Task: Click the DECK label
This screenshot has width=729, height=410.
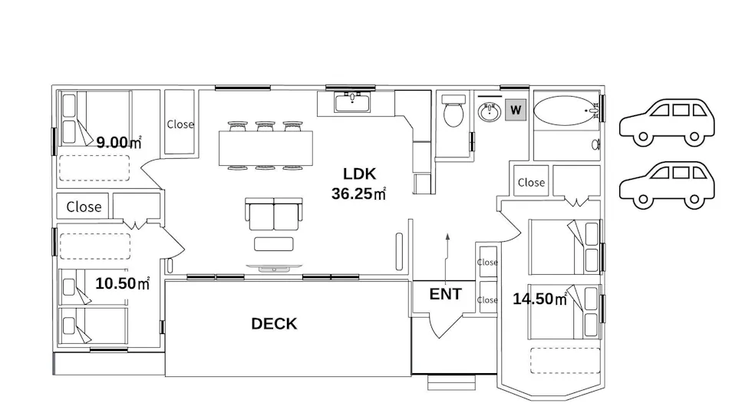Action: click(274, 324)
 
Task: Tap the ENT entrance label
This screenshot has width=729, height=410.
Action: click(445, 294)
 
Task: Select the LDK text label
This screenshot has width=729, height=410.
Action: click(359, 174)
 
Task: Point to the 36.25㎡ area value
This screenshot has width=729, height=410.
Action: click(358, 193)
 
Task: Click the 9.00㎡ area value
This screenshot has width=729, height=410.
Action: click(118, 142)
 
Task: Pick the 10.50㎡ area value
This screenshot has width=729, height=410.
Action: click(122, 283)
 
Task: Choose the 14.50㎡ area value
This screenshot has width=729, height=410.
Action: click(539, 299)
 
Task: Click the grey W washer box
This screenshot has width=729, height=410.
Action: click(516, 110)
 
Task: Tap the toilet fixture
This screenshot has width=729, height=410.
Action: click(454, 111)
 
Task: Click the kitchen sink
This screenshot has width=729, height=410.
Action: click(352, 102)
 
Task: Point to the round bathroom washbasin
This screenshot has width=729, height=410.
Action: click(490, 111)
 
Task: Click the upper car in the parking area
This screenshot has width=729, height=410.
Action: click(667, 122)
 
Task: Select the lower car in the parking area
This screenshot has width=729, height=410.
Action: click(667, 185)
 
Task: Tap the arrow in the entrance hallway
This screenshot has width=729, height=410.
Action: click(447, 259)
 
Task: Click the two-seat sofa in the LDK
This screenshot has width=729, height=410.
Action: click(274, 214)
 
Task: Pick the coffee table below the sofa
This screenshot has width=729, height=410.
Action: click(274, 244)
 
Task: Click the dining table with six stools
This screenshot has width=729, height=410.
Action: click(266, 146)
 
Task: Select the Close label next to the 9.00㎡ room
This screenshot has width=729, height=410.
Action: click(180, 124)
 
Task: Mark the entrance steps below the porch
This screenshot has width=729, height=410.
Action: click(451, 382)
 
